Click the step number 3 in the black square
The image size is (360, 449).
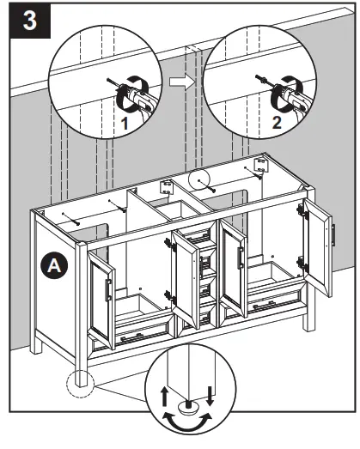coord(29,21)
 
